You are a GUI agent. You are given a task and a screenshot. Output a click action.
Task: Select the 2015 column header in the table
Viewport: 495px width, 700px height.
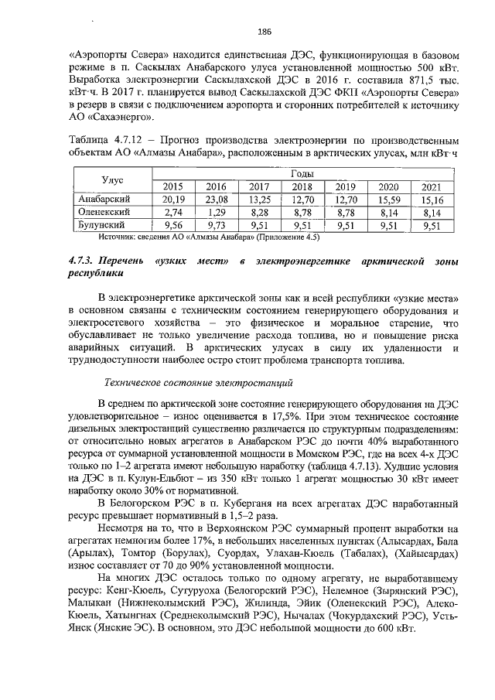click(x=172, y=186)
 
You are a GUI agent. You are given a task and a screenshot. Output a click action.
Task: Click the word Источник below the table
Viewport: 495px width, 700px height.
click(x=97, y=237)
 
